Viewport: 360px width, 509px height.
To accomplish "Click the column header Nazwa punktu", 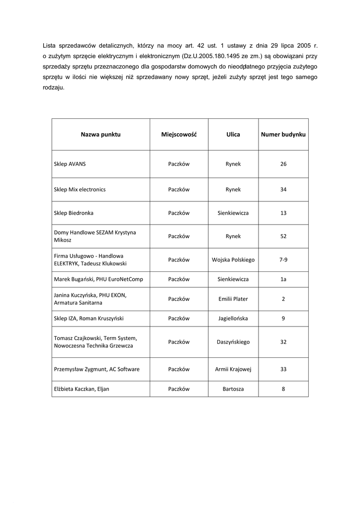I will click(101, 135).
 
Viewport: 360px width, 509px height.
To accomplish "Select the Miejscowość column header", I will click(179, 135).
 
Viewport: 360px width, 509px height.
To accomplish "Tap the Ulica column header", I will click(233, 135).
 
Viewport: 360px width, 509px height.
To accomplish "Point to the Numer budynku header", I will click(283, 135).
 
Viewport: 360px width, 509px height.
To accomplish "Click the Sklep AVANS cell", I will click(70, 164).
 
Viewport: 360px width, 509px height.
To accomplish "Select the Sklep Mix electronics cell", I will click(80, 189).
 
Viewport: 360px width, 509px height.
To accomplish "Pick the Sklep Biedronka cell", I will click(74, 213).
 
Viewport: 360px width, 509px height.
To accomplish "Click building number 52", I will click(283, 236).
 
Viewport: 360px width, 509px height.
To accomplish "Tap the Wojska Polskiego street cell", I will click(233, 259).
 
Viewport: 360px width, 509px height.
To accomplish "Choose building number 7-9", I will click(283, 259).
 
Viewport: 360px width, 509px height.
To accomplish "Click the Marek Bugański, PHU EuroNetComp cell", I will click(98, 279).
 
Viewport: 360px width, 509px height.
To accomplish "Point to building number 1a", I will click(283, 279).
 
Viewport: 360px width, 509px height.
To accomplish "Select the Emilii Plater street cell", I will click(233, 299).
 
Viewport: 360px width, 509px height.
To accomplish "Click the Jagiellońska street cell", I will click(233, 318).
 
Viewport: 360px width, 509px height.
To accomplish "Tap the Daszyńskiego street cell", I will click(233, 342).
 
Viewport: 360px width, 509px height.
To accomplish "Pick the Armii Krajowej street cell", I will click(233, 369).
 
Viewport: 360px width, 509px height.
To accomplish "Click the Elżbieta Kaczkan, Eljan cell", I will click(82, 389).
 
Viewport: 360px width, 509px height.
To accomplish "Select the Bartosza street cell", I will click(233, 389).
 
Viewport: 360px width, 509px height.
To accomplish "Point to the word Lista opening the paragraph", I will click(50, 46).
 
